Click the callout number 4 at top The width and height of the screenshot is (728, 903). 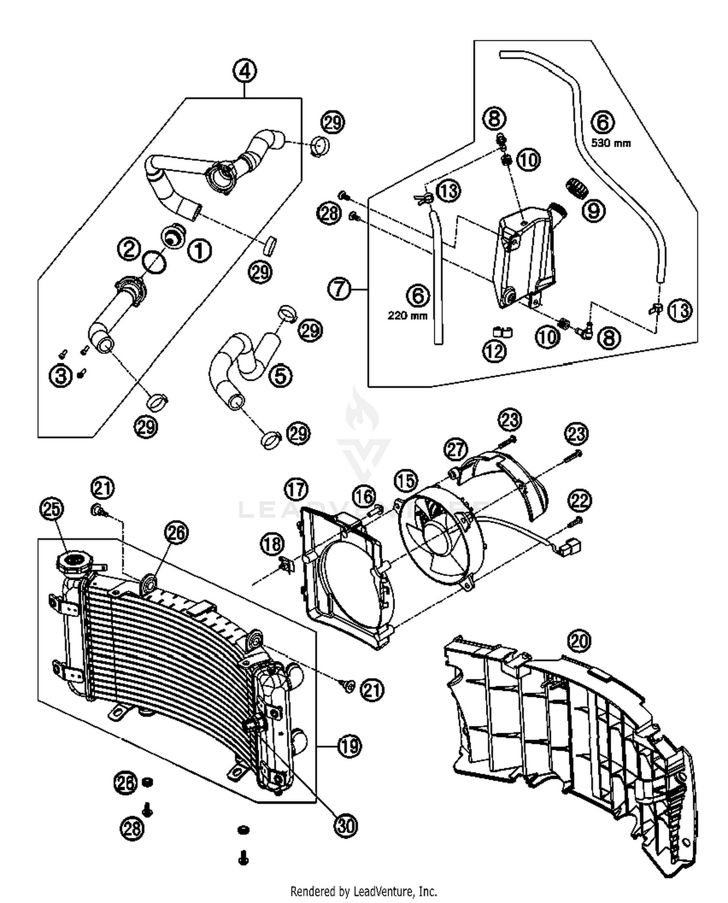click(x=245, y=71)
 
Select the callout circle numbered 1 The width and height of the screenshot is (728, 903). click(x=200, y=251)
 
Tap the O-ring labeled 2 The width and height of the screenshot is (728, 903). click(x=154, y=263)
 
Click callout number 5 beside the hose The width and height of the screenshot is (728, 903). click(x=281, y=375)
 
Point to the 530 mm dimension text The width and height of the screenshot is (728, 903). click(x=611, y=143)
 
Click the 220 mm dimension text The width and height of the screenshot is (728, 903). click(x=408, y=316)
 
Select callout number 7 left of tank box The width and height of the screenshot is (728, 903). click(x=339, y=289)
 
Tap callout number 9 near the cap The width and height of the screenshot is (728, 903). click(x=593, y=211)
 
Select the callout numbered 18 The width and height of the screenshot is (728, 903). click(x=272, y=544)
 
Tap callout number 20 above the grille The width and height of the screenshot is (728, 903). click(x=579, y=641)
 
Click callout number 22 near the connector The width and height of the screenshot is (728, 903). click(x=579, y=501)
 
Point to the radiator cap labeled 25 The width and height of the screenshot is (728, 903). click(x=74, y=563)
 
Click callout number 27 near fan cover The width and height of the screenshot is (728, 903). click(x=455, y=449)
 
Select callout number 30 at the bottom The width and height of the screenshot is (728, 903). click(x=346, y=825)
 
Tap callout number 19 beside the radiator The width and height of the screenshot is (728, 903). click(x=349, y=746)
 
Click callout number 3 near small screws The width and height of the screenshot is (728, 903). click(x=61, y=376)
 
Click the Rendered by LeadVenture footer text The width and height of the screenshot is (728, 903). click(x=364, y=891)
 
